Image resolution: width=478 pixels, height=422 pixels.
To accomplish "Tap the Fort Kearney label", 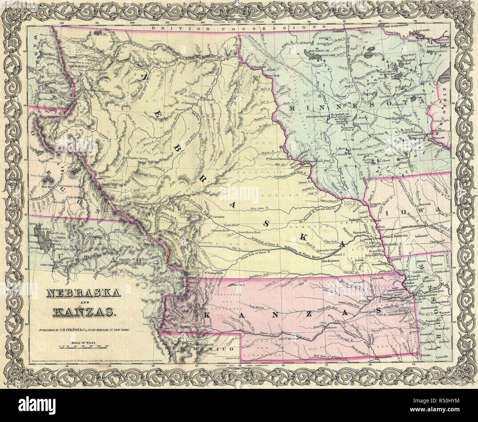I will (x=329, y=261).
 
